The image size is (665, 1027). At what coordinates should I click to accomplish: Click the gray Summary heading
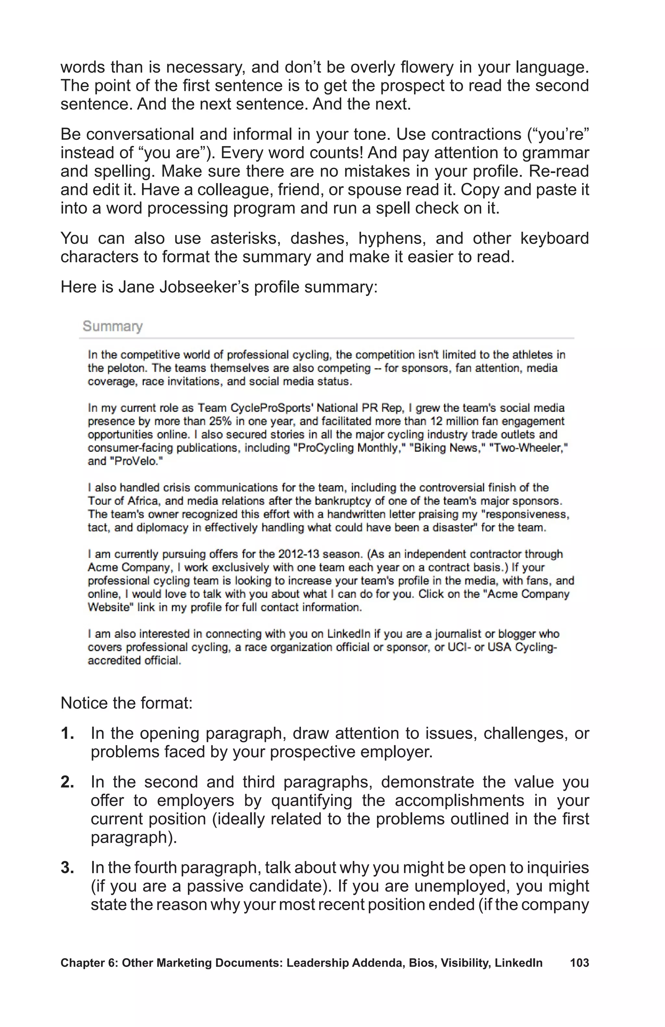point(112,326)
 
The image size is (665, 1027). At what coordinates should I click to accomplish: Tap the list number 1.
point(67,734)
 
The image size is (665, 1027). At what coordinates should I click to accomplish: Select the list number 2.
point(67,782)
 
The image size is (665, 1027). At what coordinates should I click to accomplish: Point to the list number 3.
point(67,867)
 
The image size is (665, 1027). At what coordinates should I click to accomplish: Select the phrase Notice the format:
point(126,703)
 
